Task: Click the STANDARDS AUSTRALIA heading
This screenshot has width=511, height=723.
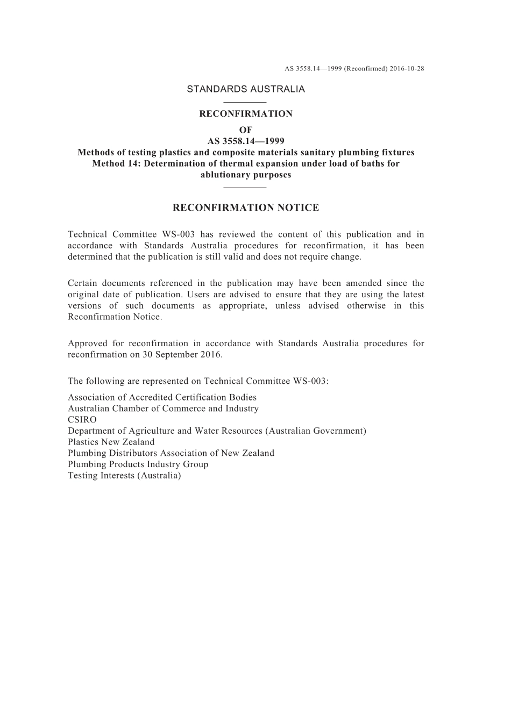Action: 246,89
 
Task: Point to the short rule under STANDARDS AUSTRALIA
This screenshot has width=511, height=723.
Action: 245,102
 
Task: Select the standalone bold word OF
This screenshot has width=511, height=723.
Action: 246,130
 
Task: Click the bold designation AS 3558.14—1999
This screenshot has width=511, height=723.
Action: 246,141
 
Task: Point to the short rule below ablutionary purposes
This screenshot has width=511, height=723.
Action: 245,188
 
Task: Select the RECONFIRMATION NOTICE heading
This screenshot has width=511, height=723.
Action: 246,208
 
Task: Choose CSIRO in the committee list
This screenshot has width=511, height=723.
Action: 82,420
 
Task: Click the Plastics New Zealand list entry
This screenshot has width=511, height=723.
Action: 111,442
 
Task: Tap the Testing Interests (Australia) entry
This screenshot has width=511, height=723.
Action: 124,476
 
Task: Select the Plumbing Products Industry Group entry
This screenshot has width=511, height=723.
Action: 138,464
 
